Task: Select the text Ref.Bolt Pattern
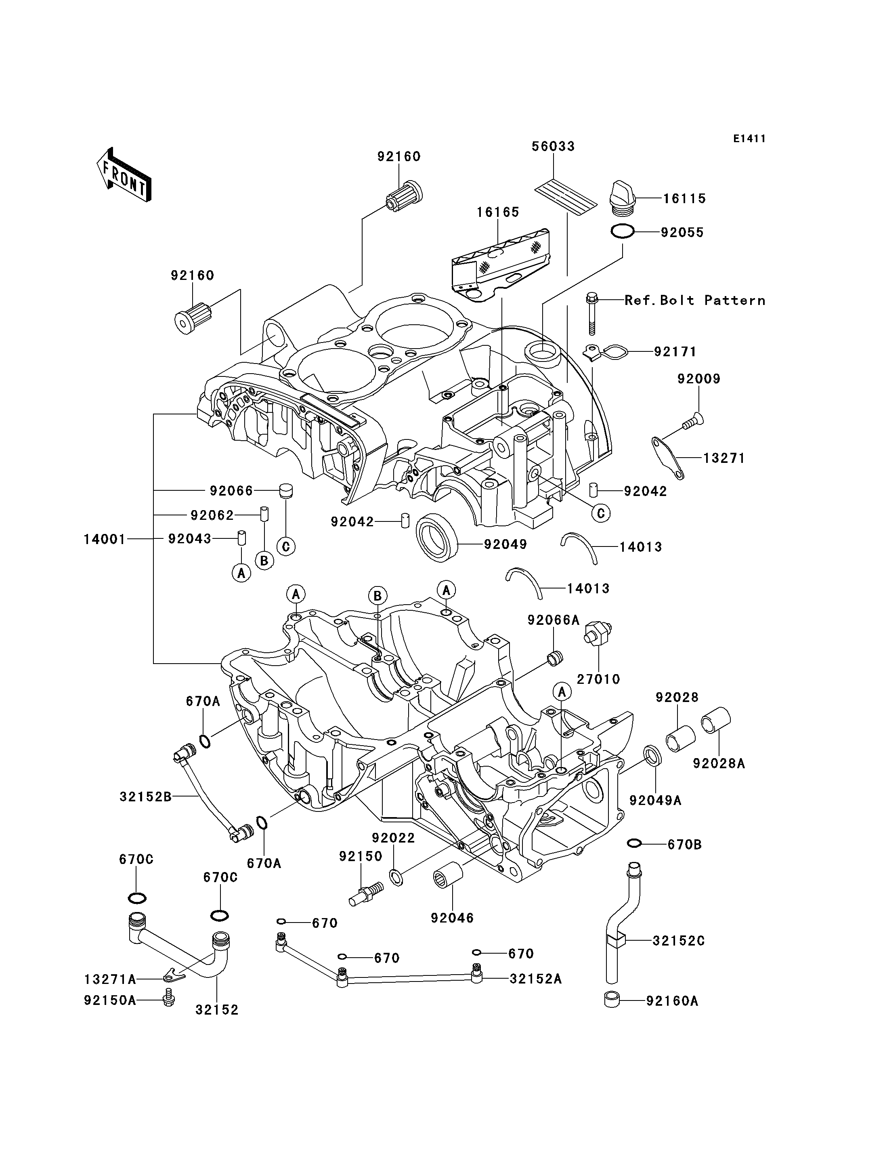pyautogui.click(x=695, y=300)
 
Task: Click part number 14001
pyautogui.click(x=105, y=539)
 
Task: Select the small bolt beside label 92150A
pyautogui.click(x=169, y=997)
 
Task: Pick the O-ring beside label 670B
pyautogui.click(x=635, y=844)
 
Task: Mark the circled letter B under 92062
pyautogui.click(x=264, y=561)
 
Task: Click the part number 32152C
pyautogui.click(x=679, y=940)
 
